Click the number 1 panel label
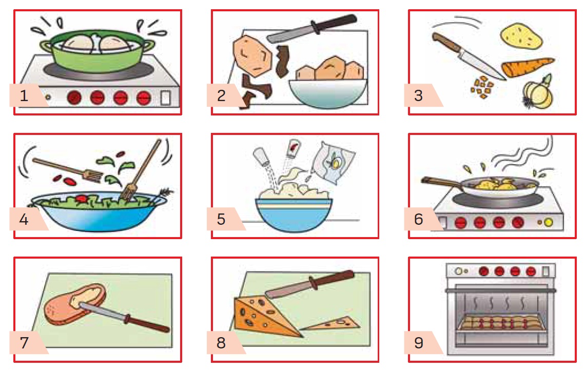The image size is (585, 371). click(24, 95)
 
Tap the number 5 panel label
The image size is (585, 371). click(221, 219)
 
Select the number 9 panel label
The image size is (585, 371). click(419, 343)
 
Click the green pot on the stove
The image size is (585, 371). click(97, 52)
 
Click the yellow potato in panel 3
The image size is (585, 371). click(521, 36)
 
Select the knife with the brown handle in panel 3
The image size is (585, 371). click(468, 56)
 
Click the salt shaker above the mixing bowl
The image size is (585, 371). click(261, 156)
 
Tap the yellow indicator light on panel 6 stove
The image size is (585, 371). click(548, 223)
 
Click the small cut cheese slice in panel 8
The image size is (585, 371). click(330, 324)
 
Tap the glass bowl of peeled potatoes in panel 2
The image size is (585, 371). click(327, 93)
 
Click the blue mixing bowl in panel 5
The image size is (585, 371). click(294, 214)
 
